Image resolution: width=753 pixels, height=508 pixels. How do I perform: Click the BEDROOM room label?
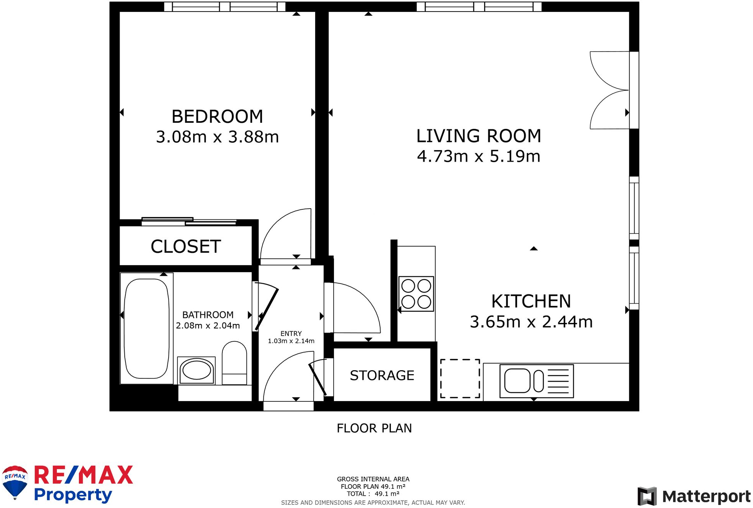point(217,117)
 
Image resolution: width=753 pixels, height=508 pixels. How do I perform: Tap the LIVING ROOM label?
point(479,136)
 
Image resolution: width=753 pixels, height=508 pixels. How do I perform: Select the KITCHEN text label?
point(531,301)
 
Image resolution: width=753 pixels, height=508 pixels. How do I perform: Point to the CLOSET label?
point(186,247)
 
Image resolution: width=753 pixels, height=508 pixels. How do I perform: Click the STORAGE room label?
point(382,375)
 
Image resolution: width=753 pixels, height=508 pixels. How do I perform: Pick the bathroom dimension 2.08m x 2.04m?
point(208,326)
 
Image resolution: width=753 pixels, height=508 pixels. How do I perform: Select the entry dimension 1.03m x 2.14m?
point(291,341)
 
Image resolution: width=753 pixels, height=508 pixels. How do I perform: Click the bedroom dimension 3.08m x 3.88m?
point(217,137)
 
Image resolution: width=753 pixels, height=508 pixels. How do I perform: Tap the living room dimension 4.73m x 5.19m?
point(479,156)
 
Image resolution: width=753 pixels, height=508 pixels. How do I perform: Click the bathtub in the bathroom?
point(147,328)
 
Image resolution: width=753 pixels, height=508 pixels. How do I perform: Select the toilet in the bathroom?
point(234,363)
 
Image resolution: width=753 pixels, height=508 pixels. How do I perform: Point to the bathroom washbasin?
point(196,370)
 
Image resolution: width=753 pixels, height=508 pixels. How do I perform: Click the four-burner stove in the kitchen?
point(416,294)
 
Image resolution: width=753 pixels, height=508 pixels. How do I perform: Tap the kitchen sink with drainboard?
point(537,381)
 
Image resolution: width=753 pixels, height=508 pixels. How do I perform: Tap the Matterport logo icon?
point(647,496)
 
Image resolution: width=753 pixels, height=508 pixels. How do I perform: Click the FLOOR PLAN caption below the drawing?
point(374,428)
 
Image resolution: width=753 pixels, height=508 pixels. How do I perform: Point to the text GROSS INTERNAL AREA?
point(373,479)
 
